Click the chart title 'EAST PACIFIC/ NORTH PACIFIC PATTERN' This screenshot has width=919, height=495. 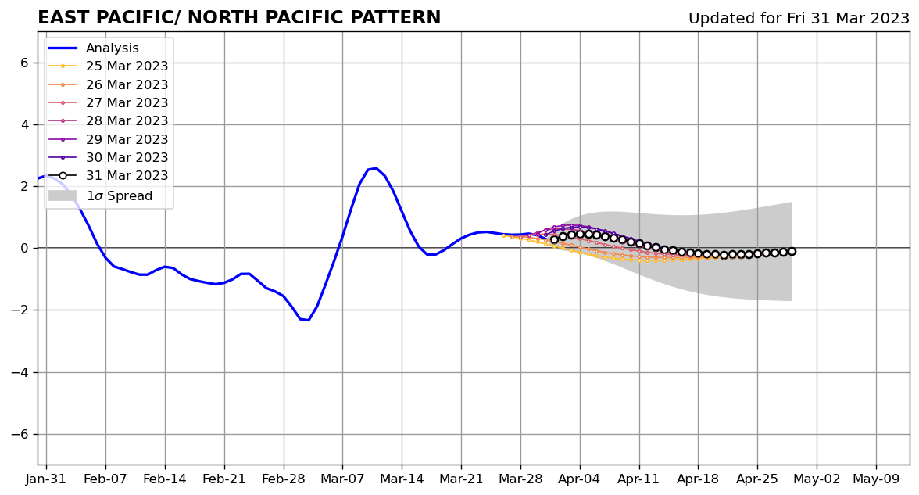(x=239, y=18)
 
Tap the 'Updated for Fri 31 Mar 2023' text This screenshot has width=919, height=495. (x=799, y=19)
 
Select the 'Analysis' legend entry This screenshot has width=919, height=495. (x=113, y=48)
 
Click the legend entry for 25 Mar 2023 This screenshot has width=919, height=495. (x=127, y=66)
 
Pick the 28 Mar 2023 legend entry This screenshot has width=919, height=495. (x=127, y=121)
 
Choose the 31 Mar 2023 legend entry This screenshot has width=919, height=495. (x=127, y=176)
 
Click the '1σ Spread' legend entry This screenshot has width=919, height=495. (x=119, y=195)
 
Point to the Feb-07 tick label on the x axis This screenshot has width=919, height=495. (x=105, y=479)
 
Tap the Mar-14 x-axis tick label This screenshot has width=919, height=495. (x=402, y=479)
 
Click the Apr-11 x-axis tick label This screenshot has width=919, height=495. (x=638, y=479)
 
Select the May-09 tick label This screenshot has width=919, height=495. (x=876, y=479)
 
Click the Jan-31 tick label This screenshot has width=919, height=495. (x=46, y=479)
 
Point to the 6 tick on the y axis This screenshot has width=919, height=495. (x=23, y=63)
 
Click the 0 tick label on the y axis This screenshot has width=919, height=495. (x=23, y=249)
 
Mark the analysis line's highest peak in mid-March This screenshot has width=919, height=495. (x=376, y=168)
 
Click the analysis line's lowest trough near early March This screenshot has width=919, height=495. (x=308, y=320)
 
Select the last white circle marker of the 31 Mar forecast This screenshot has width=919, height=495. (x=792, y=251)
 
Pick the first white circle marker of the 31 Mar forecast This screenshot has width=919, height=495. (x=554, y=239)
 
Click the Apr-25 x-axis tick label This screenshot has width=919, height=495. (x=757, y=479)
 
